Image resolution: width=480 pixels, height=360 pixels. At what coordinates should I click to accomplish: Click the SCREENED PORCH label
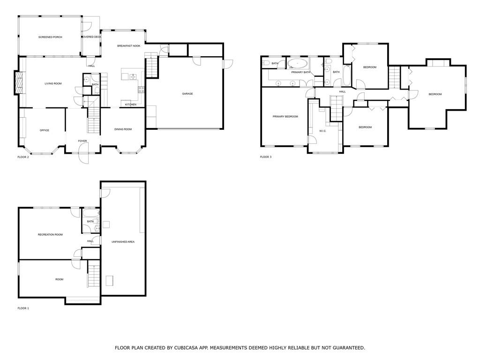click(50, 37)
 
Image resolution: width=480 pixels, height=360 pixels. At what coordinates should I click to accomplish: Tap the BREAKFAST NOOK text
click(128, 46)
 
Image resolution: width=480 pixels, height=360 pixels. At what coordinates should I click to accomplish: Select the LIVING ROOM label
click(53, 84)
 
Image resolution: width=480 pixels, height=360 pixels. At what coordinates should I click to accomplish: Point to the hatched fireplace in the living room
click(19, 83)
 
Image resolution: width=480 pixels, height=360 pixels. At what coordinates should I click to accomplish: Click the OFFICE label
click(44, 130)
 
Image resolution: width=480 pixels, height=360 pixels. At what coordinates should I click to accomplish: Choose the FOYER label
click(82, 141)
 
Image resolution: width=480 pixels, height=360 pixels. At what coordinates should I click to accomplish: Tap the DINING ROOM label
click(123, 129)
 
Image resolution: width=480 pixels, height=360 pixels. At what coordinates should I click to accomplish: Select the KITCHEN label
click(130, 105)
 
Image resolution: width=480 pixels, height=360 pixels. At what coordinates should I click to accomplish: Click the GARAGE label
click(187, 94)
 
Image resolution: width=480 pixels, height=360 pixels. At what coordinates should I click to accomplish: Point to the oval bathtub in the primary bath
click(297, 64)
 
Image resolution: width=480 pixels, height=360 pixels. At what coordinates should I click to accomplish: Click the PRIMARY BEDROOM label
click(285, 116)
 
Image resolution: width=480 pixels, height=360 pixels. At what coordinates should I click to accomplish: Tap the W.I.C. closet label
click(322, 131)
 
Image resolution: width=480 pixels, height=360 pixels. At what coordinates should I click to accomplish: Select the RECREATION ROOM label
click(50, 234)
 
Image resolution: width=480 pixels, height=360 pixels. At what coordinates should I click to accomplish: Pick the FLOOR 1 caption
click(23, 308)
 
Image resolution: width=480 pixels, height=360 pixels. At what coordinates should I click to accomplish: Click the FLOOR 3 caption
click(265, 157)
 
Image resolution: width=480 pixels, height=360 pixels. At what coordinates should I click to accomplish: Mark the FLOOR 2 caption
click(23, 157)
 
